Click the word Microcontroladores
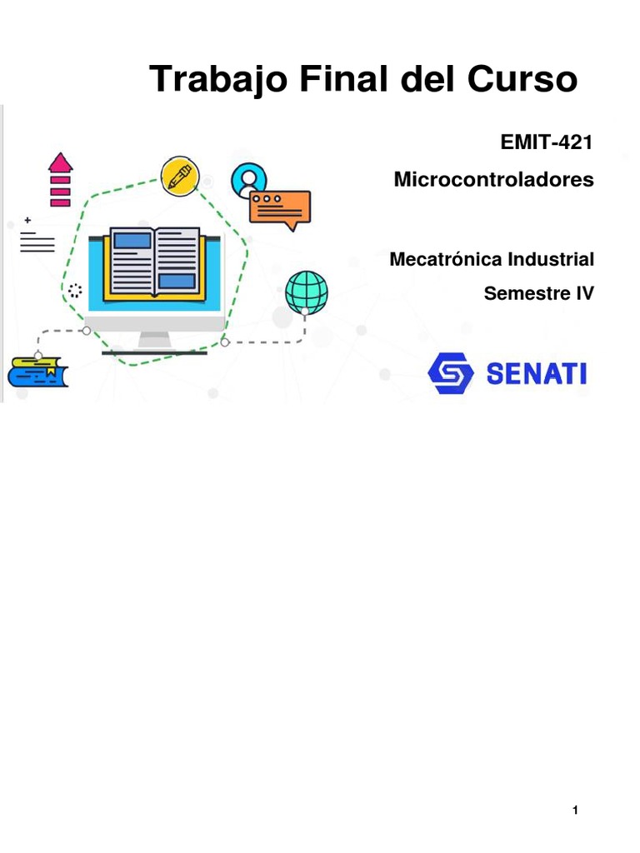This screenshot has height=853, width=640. click(493, 179)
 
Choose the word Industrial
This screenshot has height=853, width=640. click(551, 259)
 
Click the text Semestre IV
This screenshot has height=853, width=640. click(538, 293)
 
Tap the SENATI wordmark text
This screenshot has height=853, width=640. click(536, 374)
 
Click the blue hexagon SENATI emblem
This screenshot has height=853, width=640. click(450, 373)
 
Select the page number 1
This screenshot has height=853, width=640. click(575, 811)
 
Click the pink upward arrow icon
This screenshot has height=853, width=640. click(60, 178)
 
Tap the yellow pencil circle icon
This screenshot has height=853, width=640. click(179, 174)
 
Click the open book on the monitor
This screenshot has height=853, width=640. click(155, 262)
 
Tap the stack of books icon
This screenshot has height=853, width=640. click(37, 372)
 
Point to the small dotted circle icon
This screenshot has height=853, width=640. click(75, 291)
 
